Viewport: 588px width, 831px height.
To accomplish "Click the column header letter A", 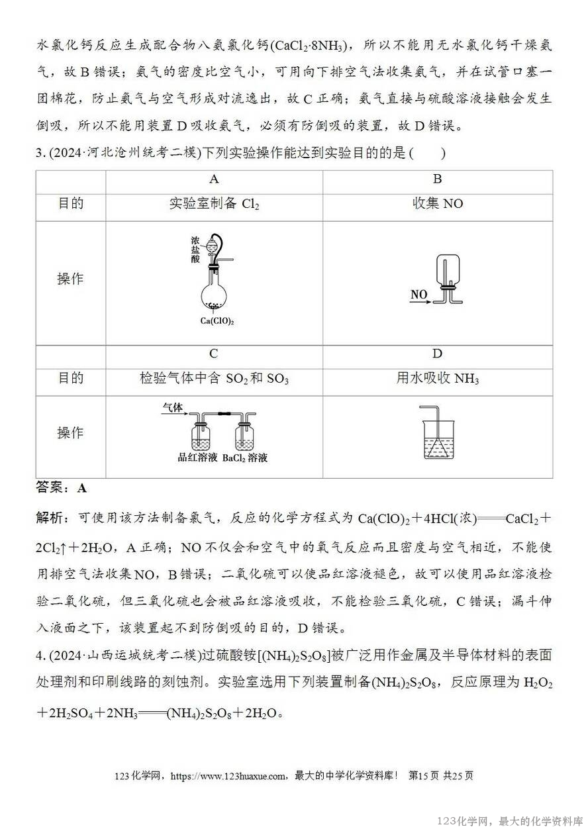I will coord(214,179).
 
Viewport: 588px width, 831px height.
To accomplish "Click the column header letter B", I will coord(438,179).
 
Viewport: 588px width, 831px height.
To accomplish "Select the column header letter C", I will coord(214,354).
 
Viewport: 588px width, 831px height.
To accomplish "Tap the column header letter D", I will coord(438,354).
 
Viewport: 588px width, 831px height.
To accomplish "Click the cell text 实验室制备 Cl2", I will coord(214,203).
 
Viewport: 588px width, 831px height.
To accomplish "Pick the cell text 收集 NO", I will coord(438,203).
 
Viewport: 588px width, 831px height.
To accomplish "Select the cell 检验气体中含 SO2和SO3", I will coord(214,379).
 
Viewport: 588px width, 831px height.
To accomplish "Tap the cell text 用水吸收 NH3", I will coord(438,379).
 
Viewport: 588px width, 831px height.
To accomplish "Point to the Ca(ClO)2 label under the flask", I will coord(217,320).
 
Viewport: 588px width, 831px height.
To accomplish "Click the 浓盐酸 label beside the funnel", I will coord(195,250).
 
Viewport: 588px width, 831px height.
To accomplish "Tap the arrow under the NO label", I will coord(420,302).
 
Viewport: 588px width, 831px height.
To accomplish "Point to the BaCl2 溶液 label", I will coord(245,458).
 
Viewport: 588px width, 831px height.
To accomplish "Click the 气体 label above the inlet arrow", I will coord(172,408).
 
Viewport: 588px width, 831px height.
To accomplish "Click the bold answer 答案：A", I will coord(61,489).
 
